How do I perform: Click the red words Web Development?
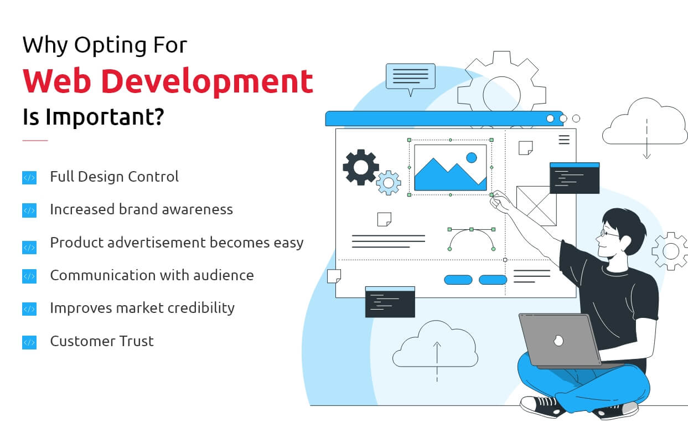coord(168,81)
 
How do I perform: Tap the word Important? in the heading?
coord(105,117)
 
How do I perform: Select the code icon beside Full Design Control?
coord(29,178)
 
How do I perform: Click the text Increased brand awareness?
coord(141,209)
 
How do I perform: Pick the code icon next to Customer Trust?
coord(29,342)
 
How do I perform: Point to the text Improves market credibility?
coord(142,308)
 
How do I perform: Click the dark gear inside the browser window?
coord(360,167)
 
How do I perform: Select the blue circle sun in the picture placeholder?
coord(472,158)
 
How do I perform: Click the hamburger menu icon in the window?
coord(564,140)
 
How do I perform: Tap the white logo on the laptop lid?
coord(558,340)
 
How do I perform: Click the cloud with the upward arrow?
coord(435,347)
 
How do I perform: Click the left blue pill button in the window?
coord(458,280)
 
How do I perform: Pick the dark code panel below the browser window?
coord(390,302)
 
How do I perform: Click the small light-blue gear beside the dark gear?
coord(389,183)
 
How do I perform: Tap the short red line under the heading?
coord(35,141)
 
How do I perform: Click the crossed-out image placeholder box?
coord(536,206)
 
